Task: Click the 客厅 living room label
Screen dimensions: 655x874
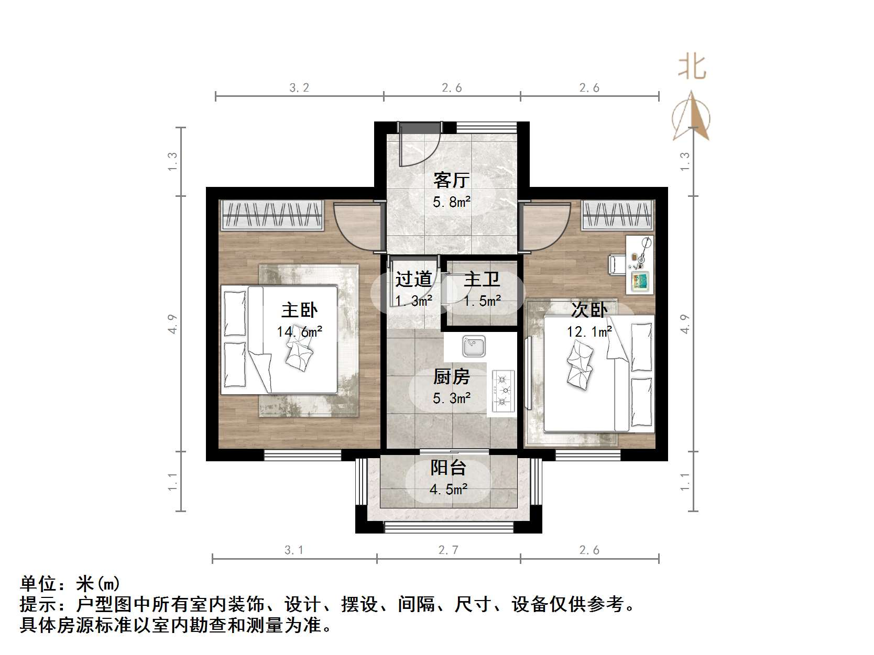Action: (x=451, y=181)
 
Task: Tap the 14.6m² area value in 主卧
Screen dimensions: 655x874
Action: (x=299, y=331)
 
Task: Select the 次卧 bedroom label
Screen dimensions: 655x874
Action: (x=589, y=310)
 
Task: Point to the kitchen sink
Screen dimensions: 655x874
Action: (x=474, y=346)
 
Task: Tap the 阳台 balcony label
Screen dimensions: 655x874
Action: (x=449, y=468)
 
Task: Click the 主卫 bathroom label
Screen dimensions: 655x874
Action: (x=482, y=279)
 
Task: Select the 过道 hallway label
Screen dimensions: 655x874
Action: (x=413, y=279)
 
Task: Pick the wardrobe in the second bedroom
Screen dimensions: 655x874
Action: (x=618, y=215)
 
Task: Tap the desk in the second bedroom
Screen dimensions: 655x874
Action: (x=640, y=264)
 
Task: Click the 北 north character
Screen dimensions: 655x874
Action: (x=692, y=68)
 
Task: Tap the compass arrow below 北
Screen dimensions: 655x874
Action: (x=692, y=116)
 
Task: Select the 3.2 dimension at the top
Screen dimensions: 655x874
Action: (x=299, y=87)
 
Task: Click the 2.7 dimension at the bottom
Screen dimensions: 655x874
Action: (x=449, y=550)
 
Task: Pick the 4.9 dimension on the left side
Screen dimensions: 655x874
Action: (x=173, y=323)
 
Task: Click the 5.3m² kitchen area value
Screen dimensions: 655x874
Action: (x=451, y=398)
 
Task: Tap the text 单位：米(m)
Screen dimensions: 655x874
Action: (x=70, y=583)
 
